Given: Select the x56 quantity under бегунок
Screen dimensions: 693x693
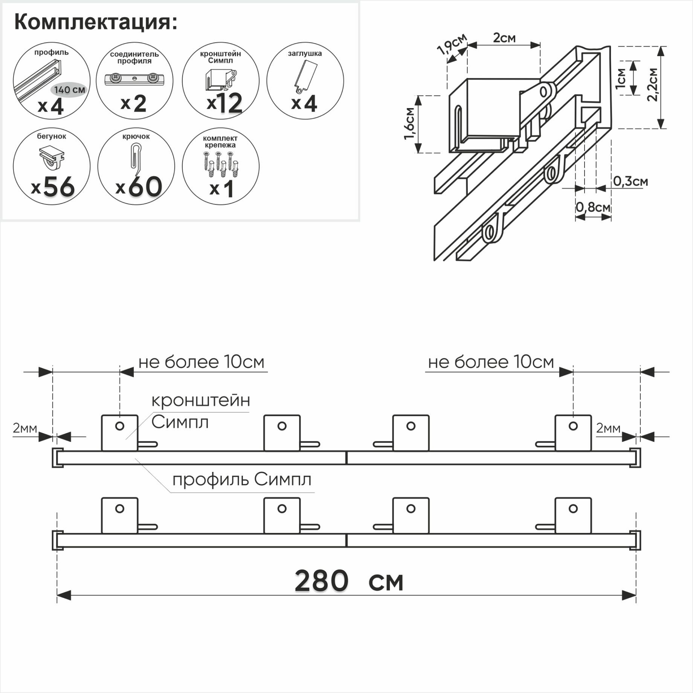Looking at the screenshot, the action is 53,187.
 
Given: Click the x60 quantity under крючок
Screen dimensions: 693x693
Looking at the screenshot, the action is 139,187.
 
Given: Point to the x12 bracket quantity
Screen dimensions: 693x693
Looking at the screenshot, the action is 224,103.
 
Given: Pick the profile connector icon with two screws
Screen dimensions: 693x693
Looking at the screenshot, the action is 134,79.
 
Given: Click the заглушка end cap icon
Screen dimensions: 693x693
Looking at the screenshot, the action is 305,77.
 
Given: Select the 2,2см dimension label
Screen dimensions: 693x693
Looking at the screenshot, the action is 652,85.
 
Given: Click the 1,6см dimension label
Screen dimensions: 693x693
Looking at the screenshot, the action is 409,124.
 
